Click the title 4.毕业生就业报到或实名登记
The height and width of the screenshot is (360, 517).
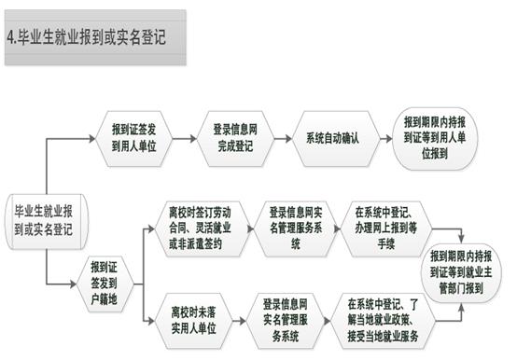pos(87,36)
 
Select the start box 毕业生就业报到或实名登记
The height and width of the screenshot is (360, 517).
pos(47,221)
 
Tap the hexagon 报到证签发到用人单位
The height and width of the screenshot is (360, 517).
pos(133,138)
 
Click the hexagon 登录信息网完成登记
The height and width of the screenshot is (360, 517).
pos(235,138)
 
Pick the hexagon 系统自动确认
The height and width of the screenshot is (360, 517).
pos(332,138)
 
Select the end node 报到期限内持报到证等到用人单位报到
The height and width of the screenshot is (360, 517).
pos(435,138)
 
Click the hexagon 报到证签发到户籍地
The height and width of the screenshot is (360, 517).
pos(105,284)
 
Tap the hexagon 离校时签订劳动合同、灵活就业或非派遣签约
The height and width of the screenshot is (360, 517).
pos(201,228)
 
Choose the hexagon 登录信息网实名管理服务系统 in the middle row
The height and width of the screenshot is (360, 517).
pos(296,228)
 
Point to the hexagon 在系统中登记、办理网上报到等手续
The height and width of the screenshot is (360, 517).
pos(386,228)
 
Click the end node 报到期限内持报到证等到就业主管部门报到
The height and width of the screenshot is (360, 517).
pos(461,273)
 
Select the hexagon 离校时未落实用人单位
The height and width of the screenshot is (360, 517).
pos(193,321)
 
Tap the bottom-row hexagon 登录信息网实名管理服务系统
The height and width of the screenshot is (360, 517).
pos(286,321)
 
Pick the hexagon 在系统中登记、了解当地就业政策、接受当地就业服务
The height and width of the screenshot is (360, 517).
pos(383,321)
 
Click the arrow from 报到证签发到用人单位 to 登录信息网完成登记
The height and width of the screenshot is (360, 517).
pos(185,138)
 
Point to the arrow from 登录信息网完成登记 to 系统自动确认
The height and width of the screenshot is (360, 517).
pos(283,138)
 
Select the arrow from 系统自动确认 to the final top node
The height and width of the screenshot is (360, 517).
pos(386,138)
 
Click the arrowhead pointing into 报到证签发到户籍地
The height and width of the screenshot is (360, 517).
pos(73,284)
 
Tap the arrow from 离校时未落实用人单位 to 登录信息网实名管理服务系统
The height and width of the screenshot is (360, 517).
pos(240,321)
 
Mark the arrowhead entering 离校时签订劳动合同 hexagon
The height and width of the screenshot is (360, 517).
pos(151,228)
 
